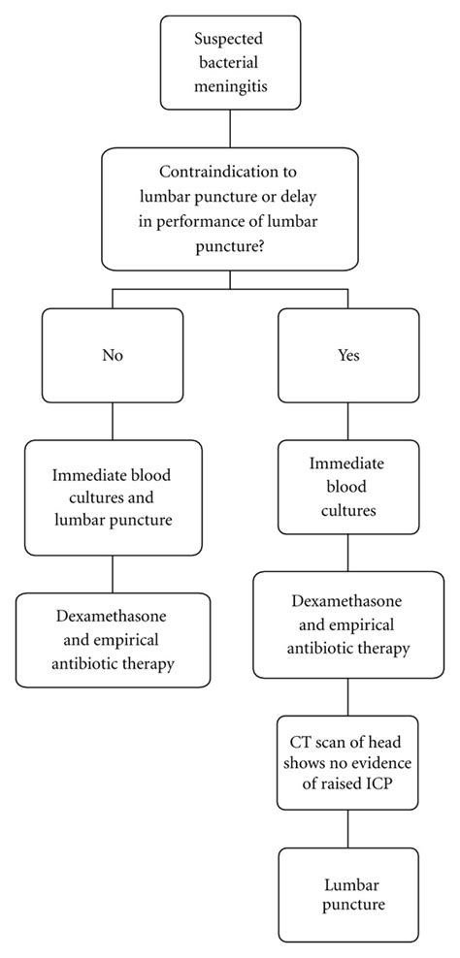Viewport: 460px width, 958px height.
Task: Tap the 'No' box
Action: click(x=113, y=356)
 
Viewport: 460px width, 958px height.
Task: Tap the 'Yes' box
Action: click(x=348, y=356)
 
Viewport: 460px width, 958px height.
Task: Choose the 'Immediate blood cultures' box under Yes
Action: click(x=348, y=487)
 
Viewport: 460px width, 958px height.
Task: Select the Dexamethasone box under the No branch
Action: click(x=113, y=640)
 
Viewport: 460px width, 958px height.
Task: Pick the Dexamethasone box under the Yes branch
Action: click(x=348, y=623)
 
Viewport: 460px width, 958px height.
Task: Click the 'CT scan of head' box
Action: click(x=348, y=761)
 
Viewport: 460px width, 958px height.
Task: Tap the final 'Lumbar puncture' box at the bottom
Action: click(x=348, y=895)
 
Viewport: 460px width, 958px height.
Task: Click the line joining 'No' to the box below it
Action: click(x=113, y=421)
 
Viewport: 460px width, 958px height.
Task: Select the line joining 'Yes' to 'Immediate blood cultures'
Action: click(x=348, y=421)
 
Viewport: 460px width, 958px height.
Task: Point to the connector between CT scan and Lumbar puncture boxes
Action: click(x=348, y=829)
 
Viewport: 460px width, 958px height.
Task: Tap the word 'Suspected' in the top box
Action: click(x=229, y=41)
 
